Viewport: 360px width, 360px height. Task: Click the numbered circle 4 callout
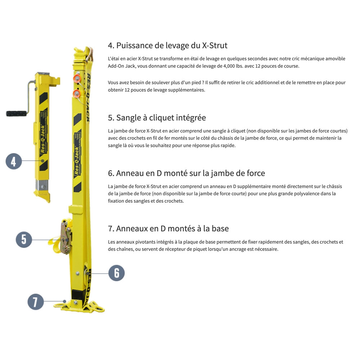(14, 161)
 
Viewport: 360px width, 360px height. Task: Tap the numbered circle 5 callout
(24, 239)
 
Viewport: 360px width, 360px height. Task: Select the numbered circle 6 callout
(116, 273)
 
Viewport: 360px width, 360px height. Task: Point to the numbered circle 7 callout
(36, 302)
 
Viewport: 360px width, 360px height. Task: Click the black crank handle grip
(16, 113)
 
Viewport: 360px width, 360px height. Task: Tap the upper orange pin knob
(77, 78)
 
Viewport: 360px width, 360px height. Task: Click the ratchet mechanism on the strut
(66, 237)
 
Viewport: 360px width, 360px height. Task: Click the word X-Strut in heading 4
(215, 45)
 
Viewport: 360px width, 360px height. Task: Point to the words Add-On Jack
(122, 66)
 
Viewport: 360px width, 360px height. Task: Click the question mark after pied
(203, 83)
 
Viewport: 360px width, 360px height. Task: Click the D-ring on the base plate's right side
(98, 307)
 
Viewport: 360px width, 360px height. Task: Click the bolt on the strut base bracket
(75, 303)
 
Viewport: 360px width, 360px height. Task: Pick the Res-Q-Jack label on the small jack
(43, 139)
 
